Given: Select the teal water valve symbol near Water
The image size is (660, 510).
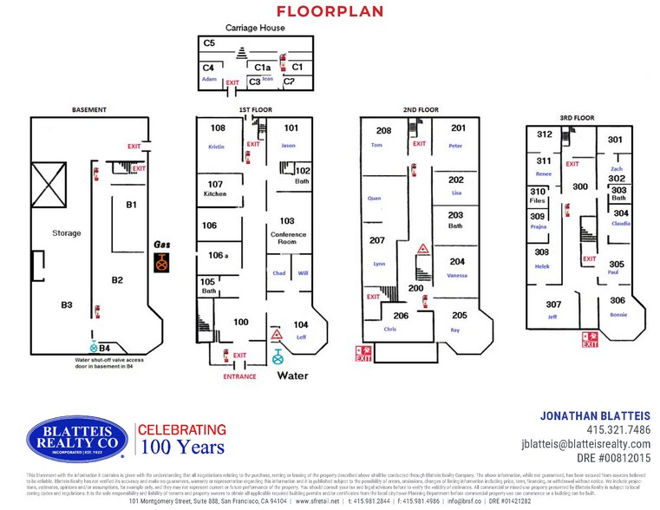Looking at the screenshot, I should click(x=278, y=356).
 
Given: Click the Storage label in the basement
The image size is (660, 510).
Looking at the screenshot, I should click(x=66, y=233).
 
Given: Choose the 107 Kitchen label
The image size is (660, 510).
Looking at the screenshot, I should click(x=215, y=188).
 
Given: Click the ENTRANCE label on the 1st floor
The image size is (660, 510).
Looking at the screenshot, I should click(x=239, y=376).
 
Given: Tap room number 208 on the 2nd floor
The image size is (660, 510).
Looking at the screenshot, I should click(x=383, y=131).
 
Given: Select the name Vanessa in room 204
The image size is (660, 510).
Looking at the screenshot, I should click(x=457, y=275).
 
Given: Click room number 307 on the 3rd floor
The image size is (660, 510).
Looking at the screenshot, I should click(x=553, y=304).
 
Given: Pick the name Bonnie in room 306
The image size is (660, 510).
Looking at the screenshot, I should click(x=618, y=314).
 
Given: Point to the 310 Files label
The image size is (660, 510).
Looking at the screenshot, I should click(x=538, y=196).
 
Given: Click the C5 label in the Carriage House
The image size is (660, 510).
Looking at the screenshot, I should click(x=208, y=42).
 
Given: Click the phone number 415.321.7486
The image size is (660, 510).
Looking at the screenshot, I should click(x=618, y=430).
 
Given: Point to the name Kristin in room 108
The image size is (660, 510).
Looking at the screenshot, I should click(x=215, y=147).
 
